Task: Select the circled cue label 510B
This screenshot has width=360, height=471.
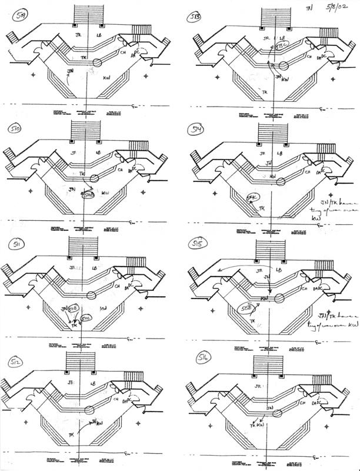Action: click(88, 194)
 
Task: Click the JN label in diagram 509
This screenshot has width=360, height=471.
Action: click(71, 72)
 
